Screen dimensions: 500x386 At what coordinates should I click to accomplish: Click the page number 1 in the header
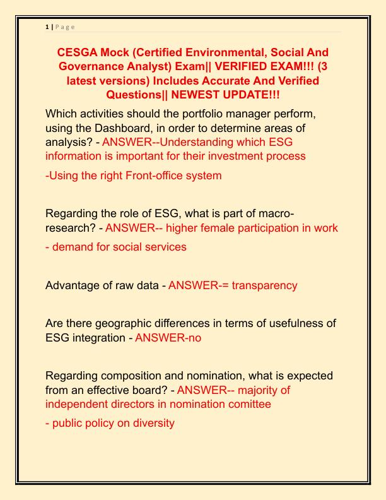47,27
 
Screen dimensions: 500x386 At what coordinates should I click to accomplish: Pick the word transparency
264,285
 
